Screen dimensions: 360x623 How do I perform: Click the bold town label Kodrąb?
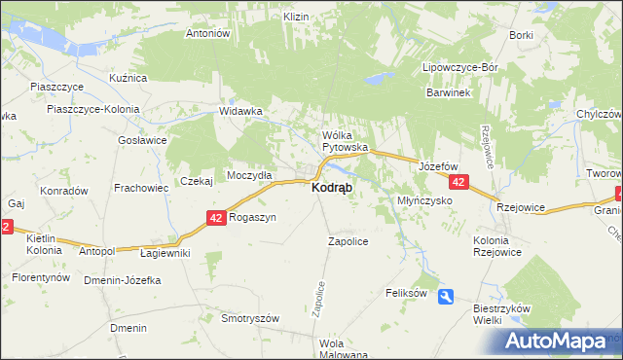tap(332, 187)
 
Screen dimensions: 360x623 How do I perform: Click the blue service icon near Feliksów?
tap(446, 297)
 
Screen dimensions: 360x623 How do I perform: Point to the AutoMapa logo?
tap(559, 342)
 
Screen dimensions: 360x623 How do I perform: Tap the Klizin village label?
tap(296, 18)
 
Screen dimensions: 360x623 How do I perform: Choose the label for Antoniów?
tap(206, 33)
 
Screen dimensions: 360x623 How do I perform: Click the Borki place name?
tap(521, 35)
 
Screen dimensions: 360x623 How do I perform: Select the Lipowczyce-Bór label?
tap(459, 68)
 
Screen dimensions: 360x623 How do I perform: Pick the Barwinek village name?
tap(448, 92)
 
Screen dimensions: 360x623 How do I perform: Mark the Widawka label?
tap(241, 111)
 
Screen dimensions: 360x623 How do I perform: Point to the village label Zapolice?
tap(348, 241)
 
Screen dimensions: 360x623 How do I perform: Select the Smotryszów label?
tap(250, 318)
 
